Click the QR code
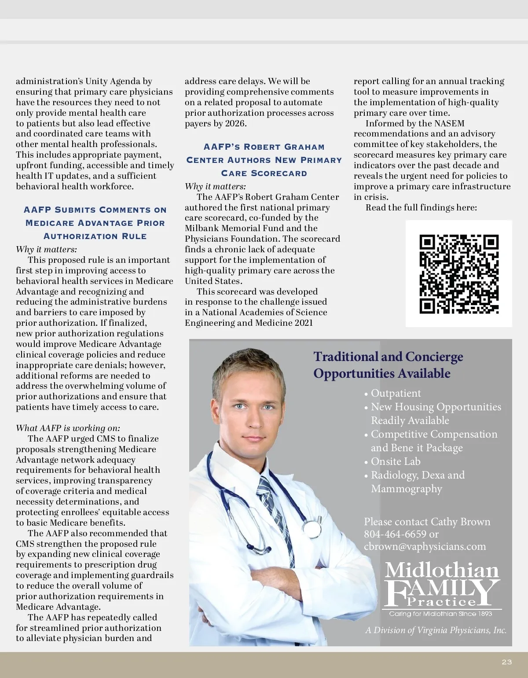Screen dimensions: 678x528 click(x=459, y=274)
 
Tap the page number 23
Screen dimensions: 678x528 click(x=507, y=662)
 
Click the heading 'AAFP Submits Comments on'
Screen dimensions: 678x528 click(x=95, y=210)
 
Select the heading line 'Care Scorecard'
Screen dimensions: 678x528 click(x=264, y=173)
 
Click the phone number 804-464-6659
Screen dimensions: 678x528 click(x=395, y=534)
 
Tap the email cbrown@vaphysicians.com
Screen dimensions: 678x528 click(x=425, y=546)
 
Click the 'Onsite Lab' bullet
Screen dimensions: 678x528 click(x=395, y=461)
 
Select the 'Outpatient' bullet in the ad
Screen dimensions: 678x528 click(x=396, y=393)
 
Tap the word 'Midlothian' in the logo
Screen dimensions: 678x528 click(x=442, y=570)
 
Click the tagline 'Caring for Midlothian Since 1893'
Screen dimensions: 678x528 click(x=440, y=614)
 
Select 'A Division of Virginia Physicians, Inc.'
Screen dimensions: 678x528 click(x=436, y=630)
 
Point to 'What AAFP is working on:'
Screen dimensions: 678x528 click(x=68, y=428)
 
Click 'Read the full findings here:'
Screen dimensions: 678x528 click(x=421, y=207)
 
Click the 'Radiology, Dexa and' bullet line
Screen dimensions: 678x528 click(x=418, y=475)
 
